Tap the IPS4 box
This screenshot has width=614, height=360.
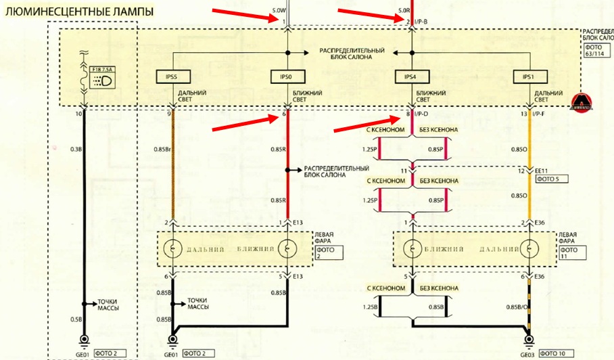point(411,77)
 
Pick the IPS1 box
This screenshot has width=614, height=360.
point(529,77)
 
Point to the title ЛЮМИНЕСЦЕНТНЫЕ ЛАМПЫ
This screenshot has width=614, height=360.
point(76,12)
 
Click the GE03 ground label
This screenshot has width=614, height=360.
point(528,354)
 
